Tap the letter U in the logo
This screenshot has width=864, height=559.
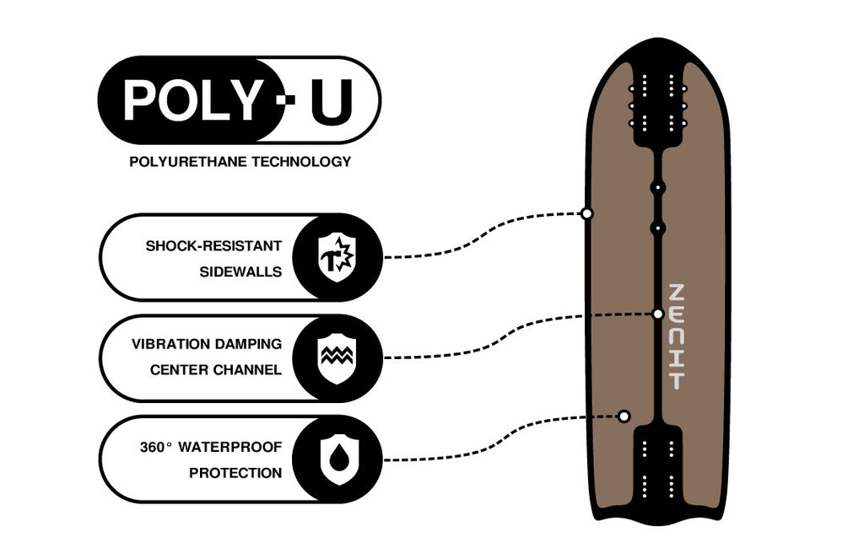click(331, 102)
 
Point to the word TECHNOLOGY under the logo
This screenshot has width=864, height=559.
click(301, 162)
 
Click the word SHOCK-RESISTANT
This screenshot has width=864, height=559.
click(213, 245)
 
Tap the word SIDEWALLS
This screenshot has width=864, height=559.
click(240, 271)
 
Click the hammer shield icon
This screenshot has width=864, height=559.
click(337, 257)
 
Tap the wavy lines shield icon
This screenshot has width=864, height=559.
click(337, 358)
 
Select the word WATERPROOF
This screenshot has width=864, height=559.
click(230, 447)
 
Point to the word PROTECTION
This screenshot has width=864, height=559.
click(235, 473)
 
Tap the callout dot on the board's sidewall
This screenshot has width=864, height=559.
click(587, 213)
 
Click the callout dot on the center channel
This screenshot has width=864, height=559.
click(658, 314)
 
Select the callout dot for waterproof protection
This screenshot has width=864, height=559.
click(624, 417)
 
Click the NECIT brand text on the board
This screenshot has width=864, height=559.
click(676, 336)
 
